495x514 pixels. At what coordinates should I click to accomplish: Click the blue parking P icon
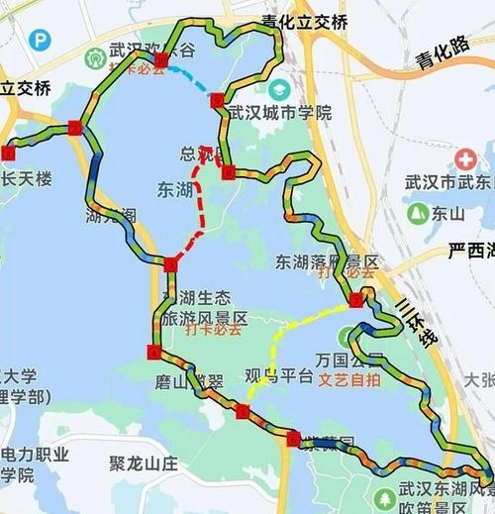point(39,41)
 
